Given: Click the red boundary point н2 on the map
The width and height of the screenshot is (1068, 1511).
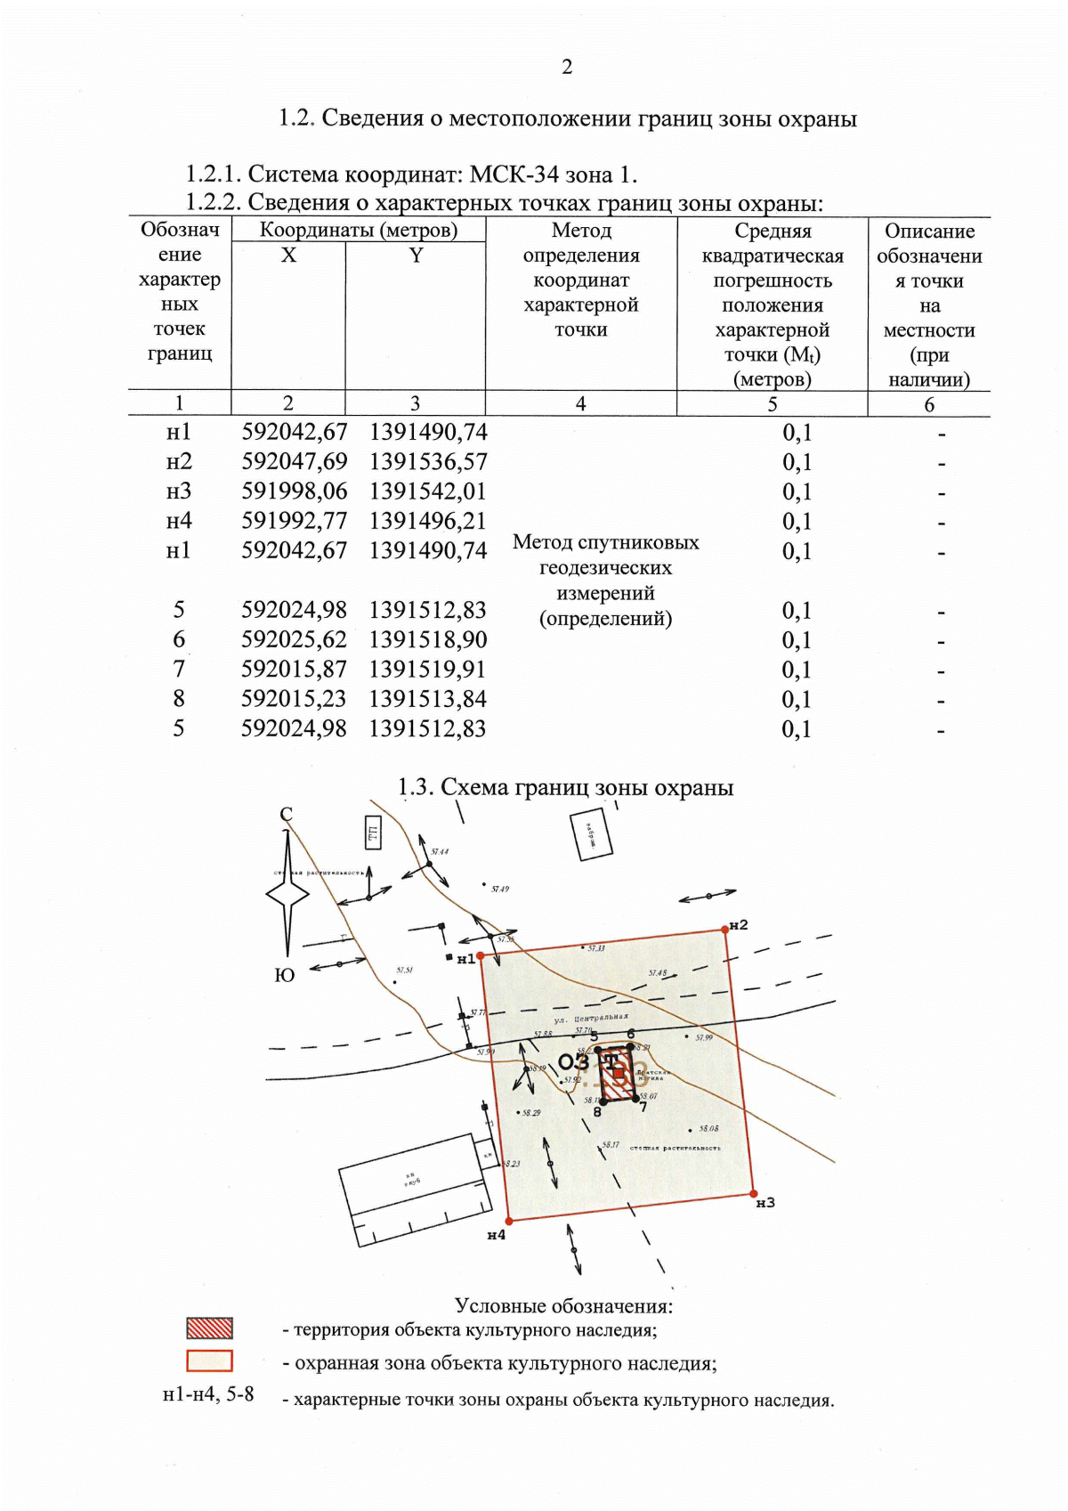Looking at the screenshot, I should click(x=724, y=930).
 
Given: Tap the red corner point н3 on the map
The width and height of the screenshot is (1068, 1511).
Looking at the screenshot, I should click(x=753, y=1193).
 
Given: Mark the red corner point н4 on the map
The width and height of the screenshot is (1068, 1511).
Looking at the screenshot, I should click(x=508, y=1221).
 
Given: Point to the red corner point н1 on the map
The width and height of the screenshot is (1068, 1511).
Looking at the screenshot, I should click(x=481, y=955).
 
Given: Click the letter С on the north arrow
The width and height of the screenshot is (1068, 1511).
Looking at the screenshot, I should click(x=286, y=814).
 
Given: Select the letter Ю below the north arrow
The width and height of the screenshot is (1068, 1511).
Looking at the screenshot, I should click(x=284, y=975).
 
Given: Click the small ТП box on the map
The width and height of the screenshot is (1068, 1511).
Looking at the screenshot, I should click(x=373, y=833).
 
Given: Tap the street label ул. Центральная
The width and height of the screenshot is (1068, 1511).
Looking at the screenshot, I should click(x=590, y=1017).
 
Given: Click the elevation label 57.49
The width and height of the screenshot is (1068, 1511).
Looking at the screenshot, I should click(x=500, y=889).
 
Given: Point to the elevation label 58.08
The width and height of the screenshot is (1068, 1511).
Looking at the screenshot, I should click(x=708, y=1128).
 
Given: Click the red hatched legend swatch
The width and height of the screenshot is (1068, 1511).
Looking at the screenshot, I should click(x=209, y=1328).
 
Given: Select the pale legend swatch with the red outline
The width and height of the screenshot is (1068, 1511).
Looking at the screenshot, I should click(x=209, y=1361).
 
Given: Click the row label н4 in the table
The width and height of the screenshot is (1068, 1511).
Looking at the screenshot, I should click(x=179, y=521).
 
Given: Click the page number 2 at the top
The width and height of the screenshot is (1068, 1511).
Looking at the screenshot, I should click(x=567, y=67).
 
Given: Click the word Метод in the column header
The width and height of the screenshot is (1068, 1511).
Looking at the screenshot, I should click(x=581, y=231).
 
